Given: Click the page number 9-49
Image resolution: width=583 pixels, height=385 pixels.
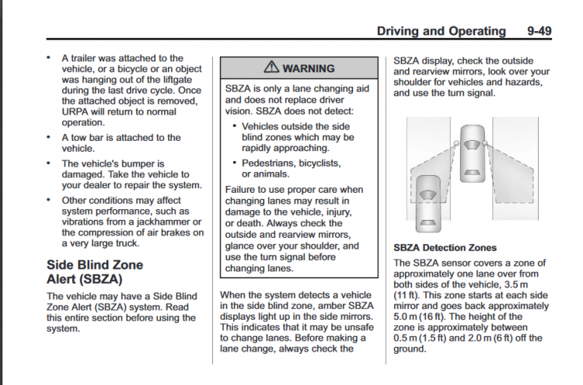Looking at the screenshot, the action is click(539, 31).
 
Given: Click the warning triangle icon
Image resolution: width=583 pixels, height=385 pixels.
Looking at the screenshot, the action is click(271, 67).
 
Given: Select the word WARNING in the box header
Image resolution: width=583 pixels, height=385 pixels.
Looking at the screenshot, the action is click(309, 68).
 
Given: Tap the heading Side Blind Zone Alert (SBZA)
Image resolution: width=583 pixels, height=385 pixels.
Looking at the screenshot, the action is click(95, 272).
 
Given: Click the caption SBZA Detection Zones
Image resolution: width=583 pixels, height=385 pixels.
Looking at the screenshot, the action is click(445, 248).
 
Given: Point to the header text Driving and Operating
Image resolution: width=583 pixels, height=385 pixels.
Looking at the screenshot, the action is click(442, 31).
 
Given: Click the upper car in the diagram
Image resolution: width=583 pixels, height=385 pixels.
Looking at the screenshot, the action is click(473, 153).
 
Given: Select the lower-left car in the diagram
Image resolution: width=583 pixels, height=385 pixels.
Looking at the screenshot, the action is click(428, 204).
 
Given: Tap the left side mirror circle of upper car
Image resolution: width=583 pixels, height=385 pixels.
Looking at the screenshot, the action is click(456, 143).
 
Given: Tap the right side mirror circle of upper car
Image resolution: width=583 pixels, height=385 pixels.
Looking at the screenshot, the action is click(485, 143).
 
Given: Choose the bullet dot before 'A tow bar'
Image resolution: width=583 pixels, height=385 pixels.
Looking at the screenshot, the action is click(48, 137).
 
